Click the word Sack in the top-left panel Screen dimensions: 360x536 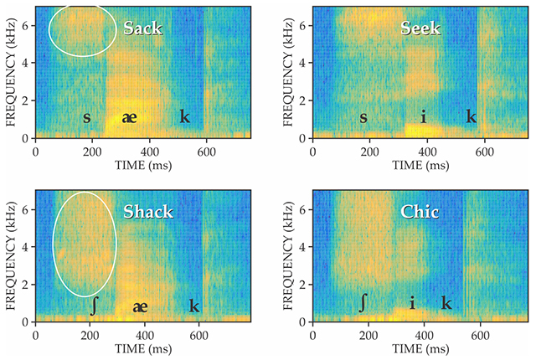tap(142, 28)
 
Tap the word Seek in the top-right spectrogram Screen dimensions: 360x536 tap(420, 28)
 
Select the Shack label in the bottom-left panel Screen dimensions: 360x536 tap(147, 212)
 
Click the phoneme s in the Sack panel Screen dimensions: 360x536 tap(86, 116)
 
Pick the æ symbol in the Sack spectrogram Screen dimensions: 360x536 tap(129, 117)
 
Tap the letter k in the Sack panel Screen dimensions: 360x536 tap(184, 116)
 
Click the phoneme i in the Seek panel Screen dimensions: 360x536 tap(424, 116)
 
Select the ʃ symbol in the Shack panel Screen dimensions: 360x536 tap(94, 306)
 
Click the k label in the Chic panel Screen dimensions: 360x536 tap(446, 302)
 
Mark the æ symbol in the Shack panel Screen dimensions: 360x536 tap(141, 307)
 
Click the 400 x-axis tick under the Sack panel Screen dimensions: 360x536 tap(147, 152)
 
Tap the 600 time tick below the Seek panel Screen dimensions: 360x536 tap(478, 152)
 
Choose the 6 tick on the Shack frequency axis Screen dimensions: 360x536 tap(28, 209)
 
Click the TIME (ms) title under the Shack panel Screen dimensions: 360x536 tap(147, 350)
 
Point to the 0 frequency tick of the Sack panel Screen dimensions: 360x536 tap(28, 138)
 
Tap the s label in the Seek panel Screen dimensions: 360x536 tap(363, 116)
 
